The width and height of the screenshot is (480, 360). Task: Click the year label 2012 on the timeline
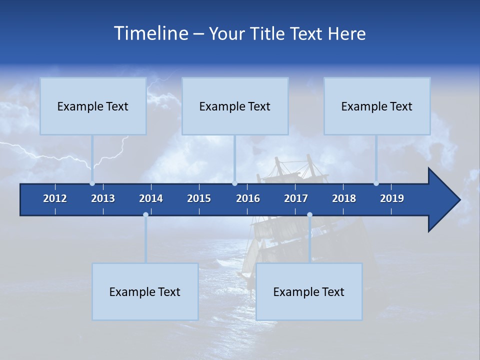tap(55, 198)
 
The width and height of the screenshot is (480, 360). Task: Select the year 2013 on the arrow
tap(103, 198)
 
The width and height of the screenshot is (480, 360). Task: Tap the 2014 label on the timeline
tap(151, 198)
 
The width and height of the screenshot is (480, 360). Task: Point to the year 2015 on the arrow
tap(199, 198)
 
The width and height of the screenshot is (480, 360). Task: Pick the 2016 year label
tap(248, 198)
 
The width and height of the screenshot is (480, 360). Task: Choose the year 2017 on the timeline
tap(296, 198)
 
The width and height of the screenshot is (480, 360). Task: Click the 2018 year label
tap(344, 198)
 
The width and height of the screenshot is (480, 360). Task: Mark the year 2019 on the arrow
tap(392, 198)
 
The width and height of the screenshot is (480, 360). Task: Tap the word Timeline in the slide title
tap(150, 33)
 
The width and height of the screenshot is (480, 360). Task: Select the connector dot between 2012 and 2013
tap(92, 183)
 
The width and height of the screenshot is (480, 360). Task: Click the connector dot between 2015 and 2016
tap(235, 183)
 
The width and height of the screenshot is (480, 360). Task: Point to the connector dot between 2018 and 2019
tap(376, 183)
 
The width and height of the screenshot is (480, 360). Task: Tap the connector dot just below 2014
tap(145, 215)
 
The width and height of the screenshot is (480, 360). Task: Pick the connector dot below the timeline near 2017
tap(309, 215)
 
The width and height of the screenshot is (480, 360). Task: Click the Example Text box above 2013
tap(93, 106)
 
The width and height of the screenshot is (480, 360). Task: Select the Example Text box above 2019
tap(377, 106)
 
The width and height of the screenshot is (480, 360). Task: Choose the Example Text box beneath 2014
tap(145, 292)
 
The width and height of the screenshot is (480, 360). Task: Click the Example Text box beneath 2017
tap(309, 292)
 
